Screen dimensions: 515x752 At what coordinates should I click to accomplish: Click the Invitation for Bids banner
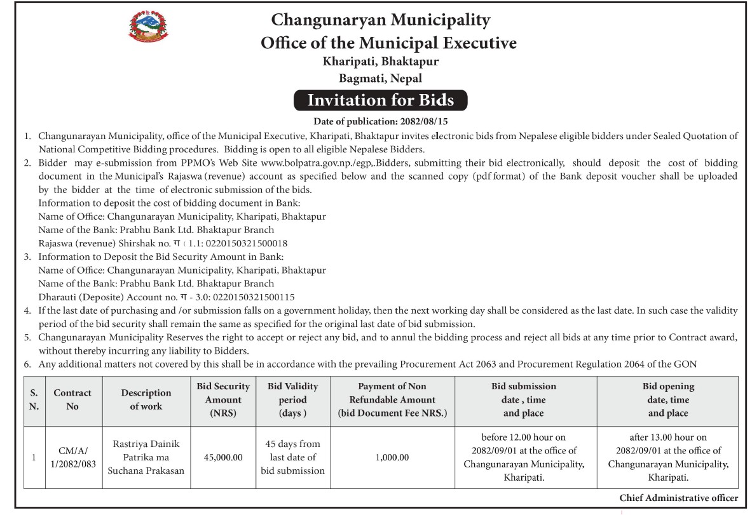380,100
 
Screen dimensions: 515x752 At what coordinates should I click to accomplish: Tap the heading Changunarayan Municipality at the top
380,20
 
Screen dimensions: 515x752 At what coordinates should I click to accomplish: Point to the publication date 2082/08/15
425,121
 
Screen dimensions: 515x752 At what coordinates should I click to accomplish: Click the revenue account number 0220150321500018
243,243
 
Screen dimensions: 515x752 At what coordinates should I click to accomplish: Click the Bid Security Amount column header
223,399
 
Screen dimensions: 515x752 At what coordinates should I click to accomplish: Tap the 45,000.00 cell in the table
223,457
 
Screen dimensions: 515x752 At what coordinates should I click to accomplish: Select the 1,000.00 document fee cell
392,457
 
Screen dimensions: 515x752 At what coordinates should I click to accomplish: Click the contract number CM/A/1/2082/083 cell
72,457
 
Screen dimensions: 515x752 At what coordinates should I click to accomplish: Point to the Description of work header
146,399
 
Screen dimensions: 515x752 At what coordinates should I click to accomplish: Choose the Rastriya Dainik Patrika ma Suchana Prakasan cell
146,457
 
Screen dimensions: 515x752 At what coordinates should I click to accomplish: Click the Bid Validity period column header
292,399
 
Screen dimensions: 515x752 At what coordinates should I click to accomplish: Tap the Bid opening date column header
668,399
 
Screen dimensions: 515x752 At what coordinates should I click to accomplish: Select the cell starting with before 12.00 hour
524,457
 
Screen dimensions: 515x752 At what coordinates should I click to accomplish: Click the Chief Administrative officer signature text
678,498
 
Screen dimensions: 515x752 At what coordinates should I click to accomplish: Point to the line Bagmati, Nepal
380,79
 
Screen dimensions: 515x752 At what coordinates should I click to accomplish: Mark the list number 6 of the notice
27,365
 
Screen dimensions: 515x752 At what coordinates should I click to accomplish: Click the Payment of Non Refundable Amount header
392,399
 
